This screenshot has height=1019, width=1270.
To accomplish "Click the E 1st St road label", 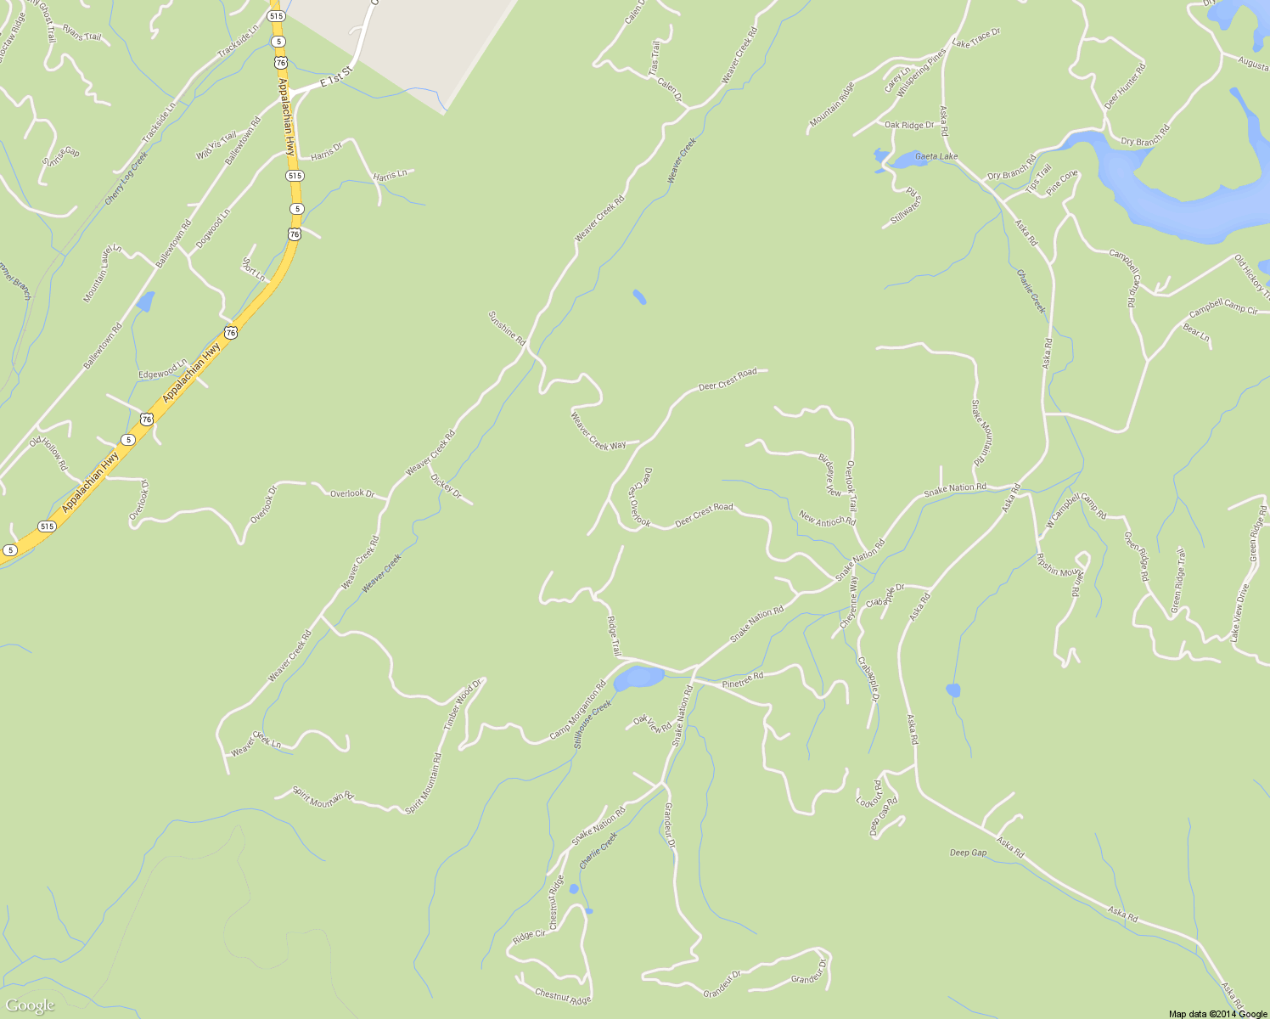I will [x=336, y=76].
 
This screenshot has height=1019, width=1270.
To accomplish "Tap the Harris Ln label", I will [x=391, y=175].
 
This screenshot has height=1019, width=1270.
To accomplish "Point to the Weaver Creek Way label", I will [x=598, y=431].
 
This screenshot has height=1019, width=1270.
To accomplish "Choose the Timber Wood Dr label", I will [x=463, y=705].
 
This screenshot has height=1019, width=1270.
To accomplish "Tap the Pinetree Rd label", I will [x=743, y=678].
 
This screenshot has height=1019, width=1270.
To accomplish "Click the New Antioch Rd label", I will [x=828, y=518].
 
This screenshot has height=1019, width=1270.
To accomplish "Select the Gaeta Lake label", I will [x=936, y=156].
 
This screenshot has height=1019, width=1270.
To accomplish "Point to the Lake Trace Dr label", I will [x=976, y=37].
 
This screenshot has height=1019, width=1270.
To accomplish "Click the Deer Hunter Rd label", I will [x=1125, y=86].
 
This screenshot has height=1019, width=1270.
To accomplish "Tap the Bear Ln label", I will [x=1196, y=333].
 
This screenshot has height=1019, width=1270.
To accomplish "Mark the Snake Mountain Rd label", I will [x=982, y=431].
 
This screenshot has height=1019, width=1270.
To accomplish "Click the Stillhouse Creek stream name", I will [x=593, y=723].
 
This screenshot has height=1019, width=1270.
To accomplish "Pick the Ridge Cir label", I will [x=529, y=936].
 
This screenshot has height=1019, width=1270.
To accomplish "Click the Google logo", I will [x=31, y=1005].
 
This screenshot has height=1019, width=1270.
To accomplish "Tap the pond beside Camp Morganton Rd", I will [x=638, y=678].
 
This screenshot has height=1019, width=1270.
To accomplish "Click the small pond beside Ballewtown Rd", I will [x=145, y=301].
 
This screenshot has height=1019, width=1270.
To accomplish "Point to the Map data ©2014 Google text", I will [x=1217, y=1013].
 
